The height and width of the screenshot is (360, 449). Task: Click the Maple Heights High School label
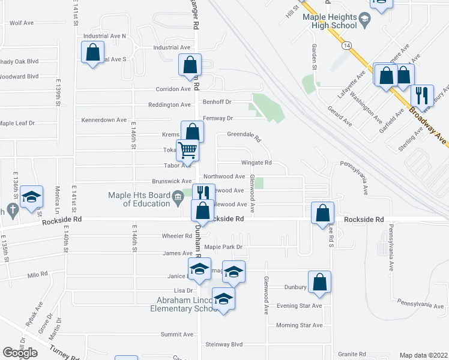pyautogui.click(x=330, y=22)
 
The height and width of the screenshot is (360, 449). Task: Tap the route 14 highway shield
pyautogui.click(x=346, y=45)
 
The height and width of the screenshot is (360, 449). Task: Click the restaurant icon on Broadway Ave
pyautogui.click(x=422, y=95)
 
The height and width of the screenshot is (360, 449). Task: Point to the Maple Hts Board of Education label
pyautogui.click(x=139, y=199)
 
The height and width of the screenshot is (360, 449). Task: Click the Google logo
pyautogui.click(x=20, y=353)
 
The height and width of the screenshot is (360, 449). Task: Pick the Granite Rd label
pyautogui.click(x=352, y=354)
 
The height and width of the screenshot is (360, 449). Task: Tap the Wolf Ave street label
pyautogui.click(x=21, y=23)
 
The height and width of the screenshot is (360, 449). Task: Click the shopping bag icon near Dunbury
pyautogui.click(x=319, y=283)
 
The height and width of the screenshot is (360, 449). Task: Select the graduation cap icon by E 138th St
pyautogui.click(x=31, y=197)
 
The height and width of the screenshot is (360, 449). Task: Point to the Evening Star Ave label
pyautogui.click(x=299, y=305)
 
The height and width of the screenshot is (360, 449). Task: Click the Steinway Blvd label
pyautogui.click(x=224, y=344)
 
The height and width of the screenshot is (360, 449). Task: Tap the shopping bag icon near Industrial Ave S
pyautogui.click(x=93, y=52)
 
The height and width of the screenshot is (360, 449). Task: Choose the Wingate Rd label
pyautogui.click(x=256, y=163)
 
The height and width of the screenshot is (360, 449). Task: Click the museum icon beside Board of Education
pyautogui.click(x=178, y=197)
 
